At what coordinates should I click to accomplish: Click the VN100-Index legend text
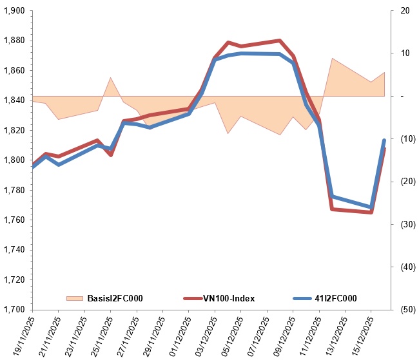(x=229, y=298)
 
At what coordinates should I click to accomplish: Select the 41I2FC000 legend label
(x=334, y=298)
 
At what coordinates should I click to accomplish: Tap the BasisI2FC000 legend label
(x=115, y=298)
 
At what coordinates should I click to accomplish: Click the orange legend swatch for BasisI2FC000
(x=75, y=298)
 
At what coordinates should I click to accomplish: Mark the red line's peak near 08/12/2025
(x=280, y=41)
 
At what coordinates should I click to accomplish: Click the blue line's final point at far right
(x=384, y=140)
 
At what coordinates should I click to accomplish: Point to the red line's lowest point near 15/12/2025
(x=371, y=212)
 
